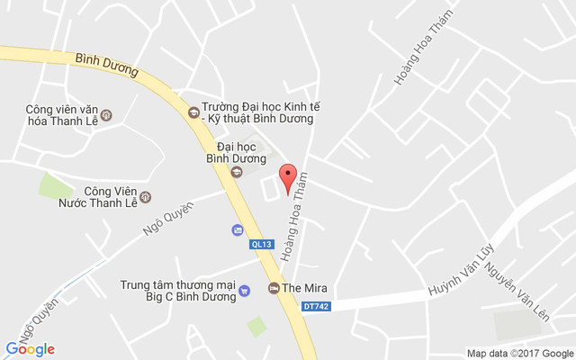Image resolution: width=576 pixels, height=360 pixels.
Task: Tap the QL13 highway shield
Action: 261,243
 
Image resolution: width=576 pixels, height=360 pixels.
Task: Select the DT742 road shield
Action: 316,307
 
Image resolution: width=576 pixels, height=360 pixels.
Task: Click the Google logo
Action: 31,348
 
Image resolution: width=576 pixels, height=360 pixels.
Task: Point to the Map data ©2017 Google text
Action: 519,352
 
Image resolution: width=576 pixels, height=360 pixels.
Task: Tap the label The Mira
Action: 304,288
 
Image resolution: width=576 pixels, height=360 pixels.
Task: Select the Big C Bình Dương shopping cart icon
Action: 244,292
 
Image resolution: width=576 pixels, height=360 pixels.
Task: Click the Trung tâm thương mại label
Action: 178,285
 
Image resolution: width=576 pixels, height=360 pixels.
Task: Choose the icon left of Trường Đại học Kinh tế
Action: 192,112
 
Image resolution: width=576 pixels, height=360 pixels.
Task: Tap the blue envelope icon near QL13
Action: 237,229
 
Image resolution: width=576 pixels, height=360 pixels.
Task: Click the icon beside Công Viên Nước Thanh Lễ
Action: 147,197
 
